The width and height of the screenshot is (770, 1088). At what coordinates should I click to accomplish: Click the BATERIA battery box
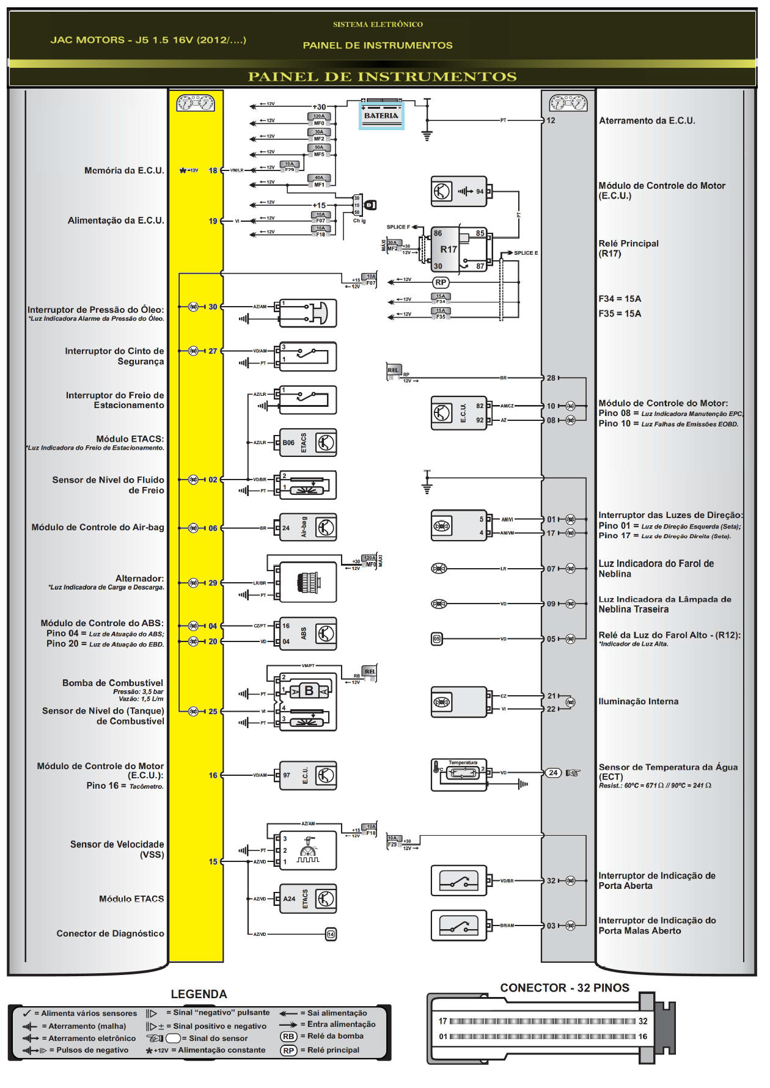[x=381, y=115]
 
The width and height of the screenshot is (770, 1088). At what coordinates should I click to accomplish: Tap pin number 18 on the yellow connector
[x=213, y=170]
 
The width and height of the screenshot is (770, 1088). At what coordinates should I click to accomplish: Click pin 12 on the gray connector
[x=551, y=120]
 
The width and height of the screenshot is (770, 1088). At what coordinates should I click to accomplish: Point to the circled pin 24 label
[x=553, y=773]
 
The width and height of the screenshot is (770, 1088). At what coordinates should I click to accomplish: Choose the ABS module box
[x=308, y=633]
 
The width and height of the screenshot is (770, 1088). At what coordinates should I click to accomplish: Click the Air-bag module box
[x=308, y=528]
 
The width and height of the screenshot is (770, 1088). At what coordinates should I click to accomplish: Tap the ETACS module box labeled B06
[x=308, y=443]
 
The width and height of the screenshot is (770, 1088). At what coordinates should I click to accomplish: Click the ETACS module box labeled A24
[x=308, y=899]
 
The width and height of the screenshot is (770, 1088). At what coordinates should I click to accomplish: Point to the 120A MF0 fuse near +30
[x=320, y=119]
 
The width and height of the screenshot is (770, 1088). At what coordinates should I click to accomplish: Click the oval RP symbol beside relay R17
[x=441, y=282]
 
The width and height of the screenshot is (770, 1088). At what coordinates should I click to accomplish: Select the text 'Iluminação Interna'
[x=638, y=701]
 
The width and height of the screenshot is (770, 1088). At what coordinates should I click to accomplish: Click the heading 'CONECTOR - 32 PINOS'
[x=564, y=988]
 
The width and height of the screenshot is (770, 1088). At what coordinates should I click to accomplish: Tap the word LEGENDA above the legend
[x=199, y=994]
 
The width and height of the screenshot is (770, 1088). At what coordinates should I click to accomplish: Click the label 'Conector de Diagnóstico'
[x=110, y=933]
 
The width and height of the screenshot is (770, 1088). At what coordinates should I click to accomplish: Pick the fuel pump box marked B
[x=309, y=691]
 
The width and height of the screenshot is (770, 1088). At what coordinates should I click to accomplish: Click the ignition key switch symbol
[x=370, y=205]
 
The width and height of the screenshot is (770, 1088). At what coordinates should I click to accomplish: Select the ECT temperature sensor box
[x=459, y=775]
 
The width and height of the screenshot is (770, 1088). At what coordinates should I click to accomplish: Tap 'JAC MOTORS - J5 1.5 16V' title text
[x=148, y=40]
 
